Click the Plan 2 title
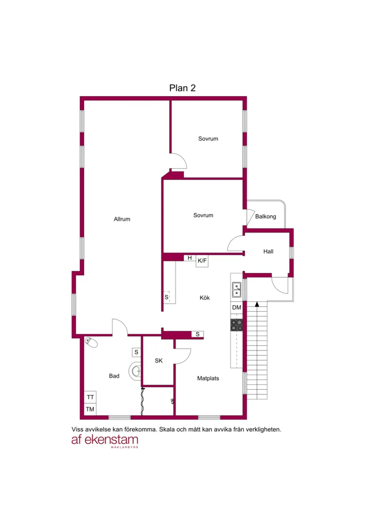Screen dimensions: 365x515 [182, 88]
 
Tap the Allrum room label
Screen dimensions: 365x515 [122, 219]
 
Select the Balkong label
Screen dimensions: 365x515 [265, 216]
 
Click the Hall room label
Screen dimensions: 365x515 [268, 251]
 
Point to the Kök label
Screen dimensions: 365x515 [205, 298]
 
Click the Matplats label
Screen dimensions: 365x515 [208, 379]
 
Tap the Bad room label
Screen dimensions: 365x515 [114, 376]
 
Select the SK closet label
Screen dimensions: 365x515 [159, 360]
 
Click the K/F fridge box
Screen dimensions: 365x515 [202, 261]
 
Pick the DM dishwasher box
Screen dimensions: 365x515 [237, 307]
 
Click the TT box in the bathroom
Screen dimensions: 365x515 [90, 397]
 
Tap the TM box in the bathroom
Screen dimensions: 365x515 [90, 409]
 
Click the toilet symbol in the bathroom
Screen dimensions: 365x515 [91, 342]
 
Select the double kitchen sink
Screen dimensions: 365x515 [237, 290]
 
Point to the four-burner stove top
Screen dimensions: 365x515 [237, 325]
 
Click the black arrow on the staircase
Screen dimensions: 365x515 [257, 304]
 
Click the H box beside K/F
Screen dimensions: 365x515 [189, 258]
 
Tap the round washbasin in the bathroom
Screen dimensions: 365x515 [135, 371]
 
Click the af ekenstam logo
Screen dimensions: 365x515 [105, 440]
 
